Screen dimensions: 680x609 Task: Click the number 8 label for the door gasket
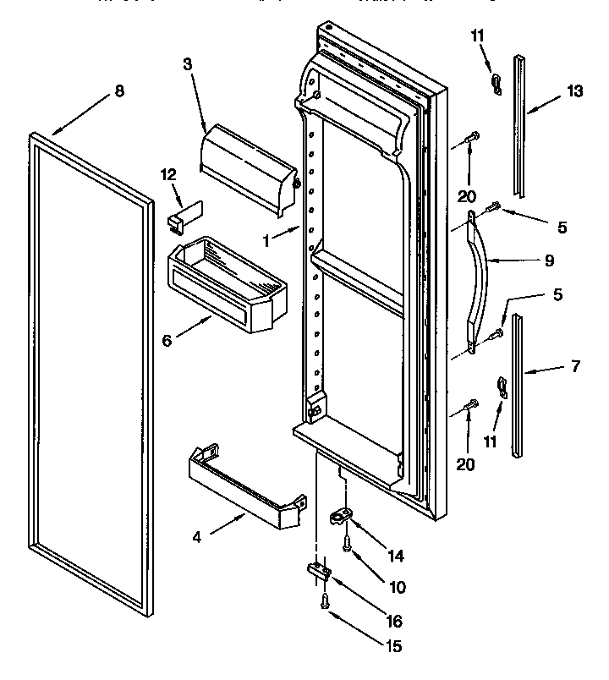118,92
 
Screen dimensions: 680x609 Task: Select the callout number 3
189,64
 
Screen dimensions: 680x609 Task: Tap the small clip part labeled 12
178,217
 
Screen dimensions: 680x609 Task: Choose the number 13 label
575,92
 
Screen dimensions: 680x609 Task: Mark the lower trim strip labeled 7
517,386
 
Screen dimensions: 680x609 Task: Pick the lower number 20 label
465,464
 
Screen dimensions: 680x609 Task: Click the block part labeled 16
317,572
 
